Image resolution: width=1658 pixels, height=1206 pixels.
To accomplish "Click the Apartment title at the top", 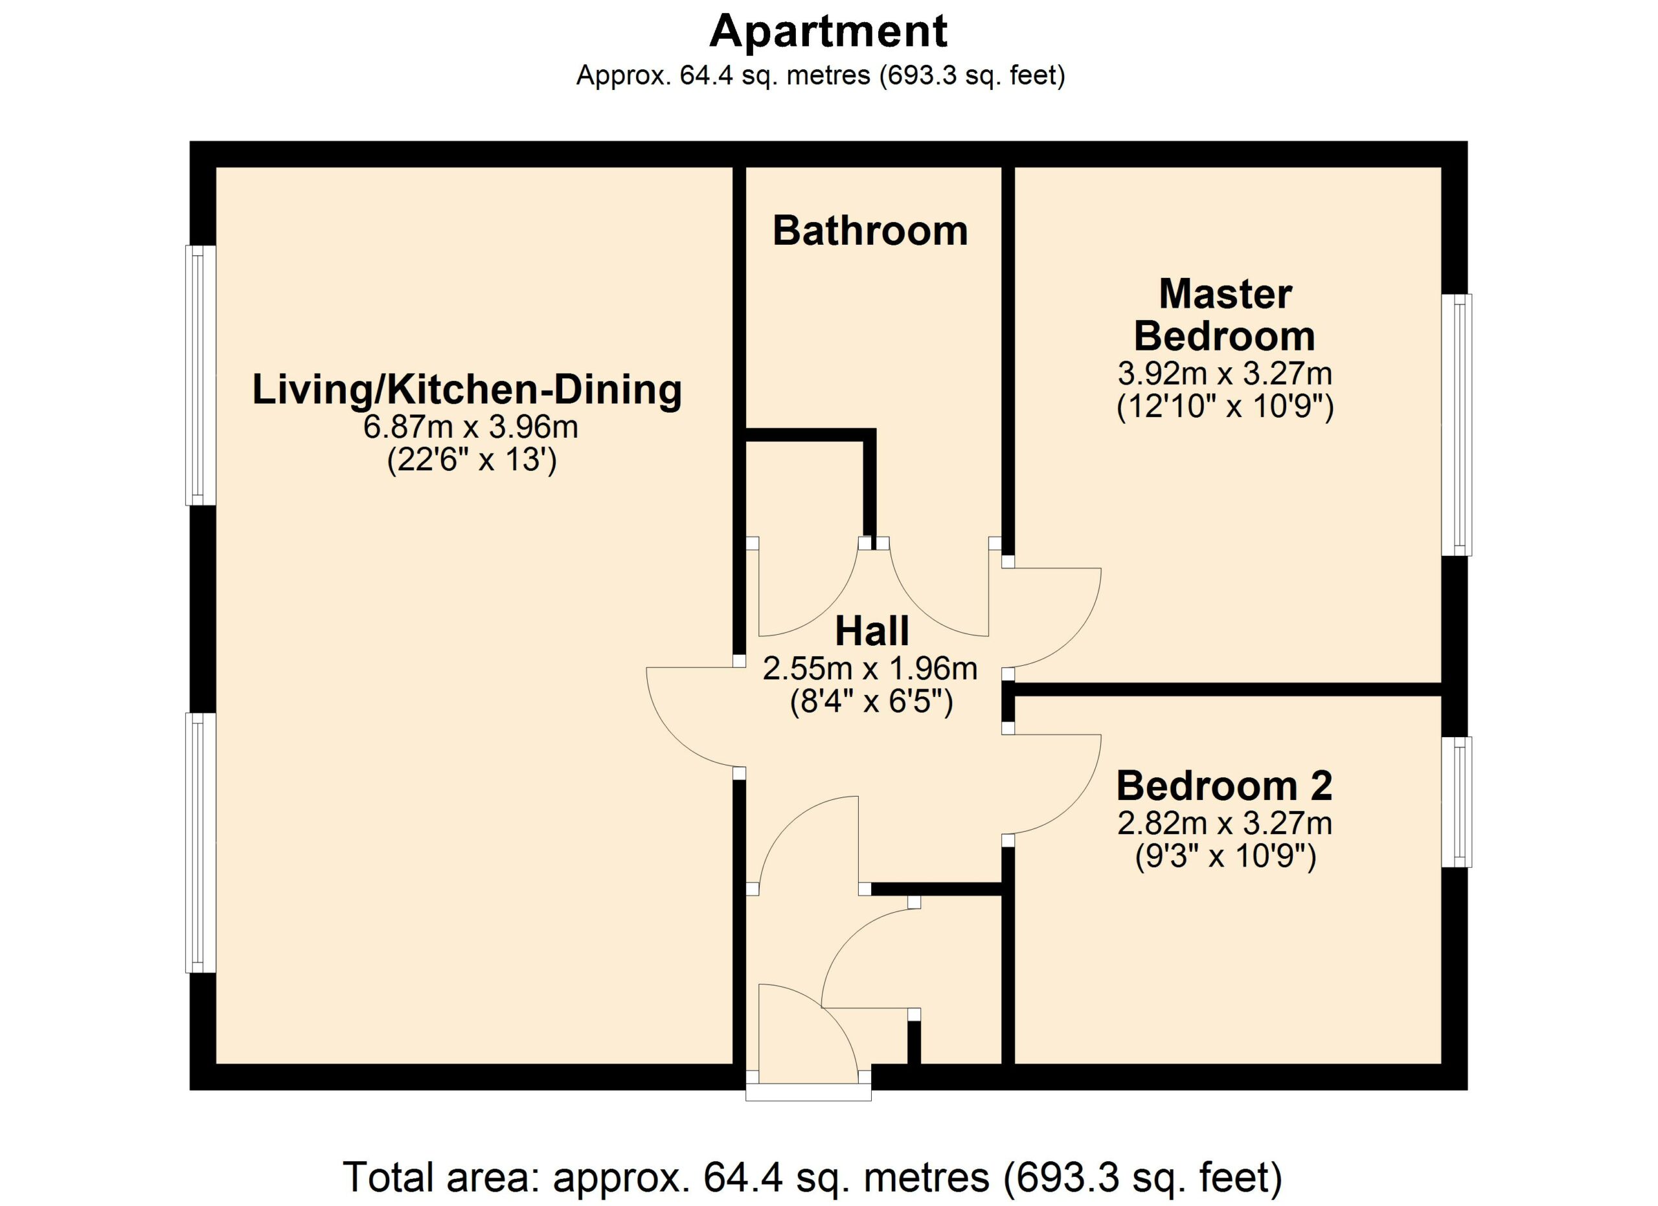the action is click(x=828, y=32).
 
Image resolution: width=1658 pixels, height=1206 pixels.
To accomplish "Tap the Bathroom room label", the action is click(x=870, y=231).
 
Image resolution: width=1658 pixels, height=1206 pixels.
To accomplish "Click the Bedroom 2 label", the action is click(x=1225, y=786).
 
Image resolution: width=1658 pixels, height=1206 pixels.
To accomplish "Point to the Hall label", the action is click(x=872, y=631).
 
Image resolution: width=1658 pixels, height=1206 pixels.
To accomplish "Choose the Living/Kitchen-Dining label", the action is click(x=467, y=389).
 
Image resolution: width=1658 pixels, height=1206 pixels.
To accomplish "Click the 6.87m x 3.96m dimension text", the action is click(x=471, y=427).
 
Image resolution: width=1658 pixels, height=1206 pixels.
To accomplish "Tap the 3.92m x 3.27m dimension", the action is click(x=1225, y=374).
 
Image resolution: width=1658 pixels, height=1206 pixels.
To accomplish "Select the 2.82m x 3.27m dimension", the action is click(x=1225, y=824).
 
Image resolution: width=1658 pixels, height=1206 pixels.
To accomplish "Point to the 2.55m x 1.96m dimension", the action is click(x=870, y=669).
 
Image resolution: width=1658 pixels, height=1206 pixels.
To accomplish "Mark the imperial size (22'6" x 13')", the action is click(x=471, y=461).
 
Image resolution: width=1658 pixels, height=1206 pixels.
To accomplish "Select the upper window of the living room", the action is click(x=201, y=375).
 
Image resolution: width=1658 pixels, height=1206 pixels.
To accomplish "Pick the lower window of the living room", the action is click(x=201, y=843).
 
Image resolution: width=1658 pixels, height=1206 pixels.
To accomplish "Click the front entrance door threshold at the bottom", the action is click(x=808, y=1092).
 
